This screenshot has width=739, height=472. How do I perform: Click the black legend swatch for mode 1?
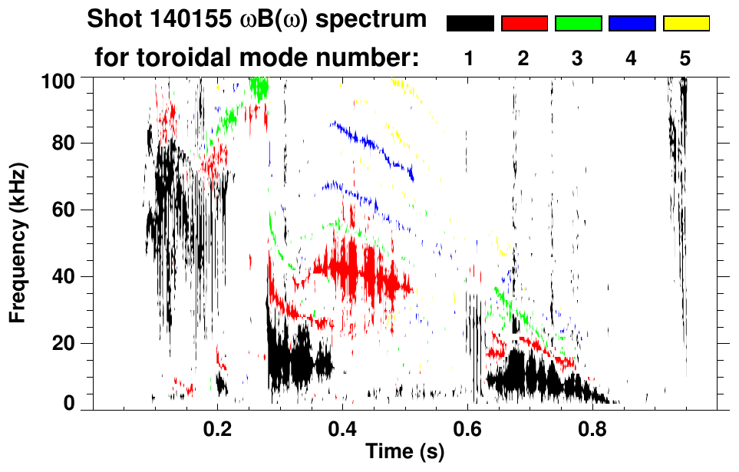470,24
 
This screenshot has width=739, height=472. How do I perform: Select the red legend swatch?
524,24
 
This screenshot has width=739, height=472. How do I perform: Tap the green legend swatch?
578,24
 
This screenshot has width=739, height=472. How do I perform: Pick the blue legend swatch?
632,24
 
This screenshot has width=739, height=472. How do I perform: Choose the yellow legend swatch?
686,24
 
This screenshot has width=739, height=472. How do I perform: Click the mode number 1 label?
469,58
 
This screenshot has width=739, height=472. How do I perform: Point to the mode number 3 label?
577,58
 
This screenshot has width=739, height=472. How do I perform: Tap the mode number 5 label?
685,58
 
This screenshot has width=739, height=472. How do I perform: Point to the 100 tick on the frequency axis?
60,80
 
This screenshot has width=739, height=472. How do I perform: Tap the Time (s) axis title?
404,452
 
